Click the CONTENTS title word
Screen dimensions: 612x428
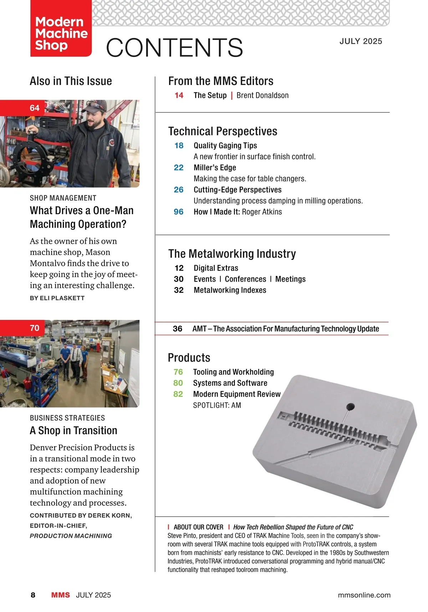pyautogui.click(x=174, y=48)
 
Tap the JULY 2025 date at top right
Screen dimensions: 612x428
pyautogui.click(x=361, y=41)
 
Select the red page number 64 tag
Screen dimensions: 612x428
pyautogui.click(x=35, y=108)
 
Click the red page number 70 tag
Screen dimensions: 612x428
pyautogui.click(x=35, y=328)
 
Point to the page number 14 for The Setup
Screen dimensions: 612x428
pyautogui.click(x=179, y=95)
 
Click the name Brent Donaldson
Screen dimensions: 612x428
pyautogui.click(x=263, y=95)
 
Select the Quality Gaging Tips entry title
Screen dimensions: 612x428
pyautogui.click(x=225, y=145)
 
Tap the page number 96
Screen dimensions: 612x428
pyautogui.click(x=179, y=212)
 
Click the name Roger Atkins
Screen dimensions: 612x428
pyautogui.click(x=262, y=212)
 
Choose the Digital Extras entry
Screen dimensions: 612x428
pyautogui.click(x=216, y=268)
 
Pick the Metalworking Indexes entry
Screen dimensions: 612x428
pyautogui.click(x=230, y=290)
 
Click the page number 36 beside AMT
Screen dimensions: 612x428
pyautogui.click(x=178, y=328)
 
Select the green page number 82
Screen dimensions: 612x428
pyautogui.click(x=178, y=394)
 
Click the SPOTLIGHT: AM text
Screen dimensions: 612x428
pyautogui.click(x=217, y=405)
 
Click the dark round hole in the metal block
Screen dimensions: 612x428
pyautogui.click(x=351, y=407)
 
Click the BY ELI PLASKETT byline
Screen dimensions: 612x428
pyautogui.click(x=57, y=298)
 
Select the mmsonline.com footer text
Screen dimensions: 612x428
pyautogui.click(x=364, y=595)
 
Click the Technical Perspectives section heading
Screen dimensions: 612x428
pyautogui.click(x=223, y=131)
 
